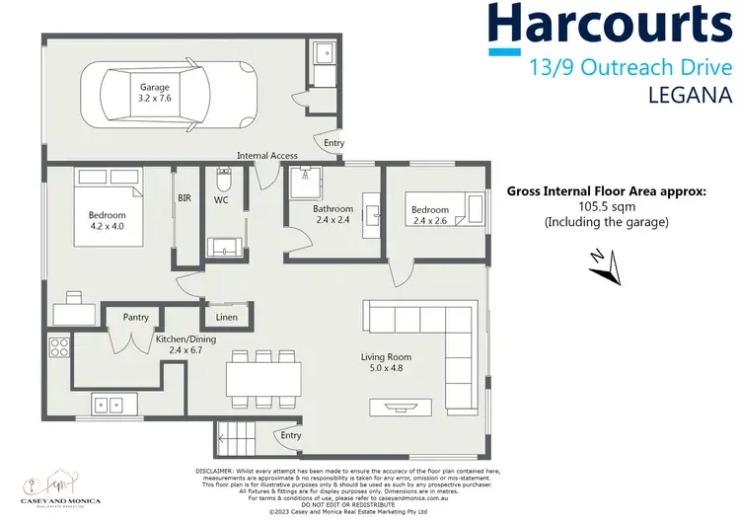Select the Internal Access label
pyautogui.click(x=266, y=155)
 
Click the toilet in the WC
pyautogui.click(x=224, y=183)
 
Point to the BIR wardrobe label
pyautogui.click(x=185, y=198)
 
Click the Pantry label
pyautogui.click(x=135, y=318)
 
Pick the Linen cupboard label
pyautogui.click(x=226, y=318)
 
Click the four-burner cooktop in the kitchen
pyautogui.click(x=58, y=347)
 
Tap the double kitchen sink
pyautogui.click(x=110, y=404)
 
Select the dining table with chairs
pyautogui.click(x=261, y=376)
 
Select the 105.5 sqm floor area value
pyautogui.click(x=606, y=207)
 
